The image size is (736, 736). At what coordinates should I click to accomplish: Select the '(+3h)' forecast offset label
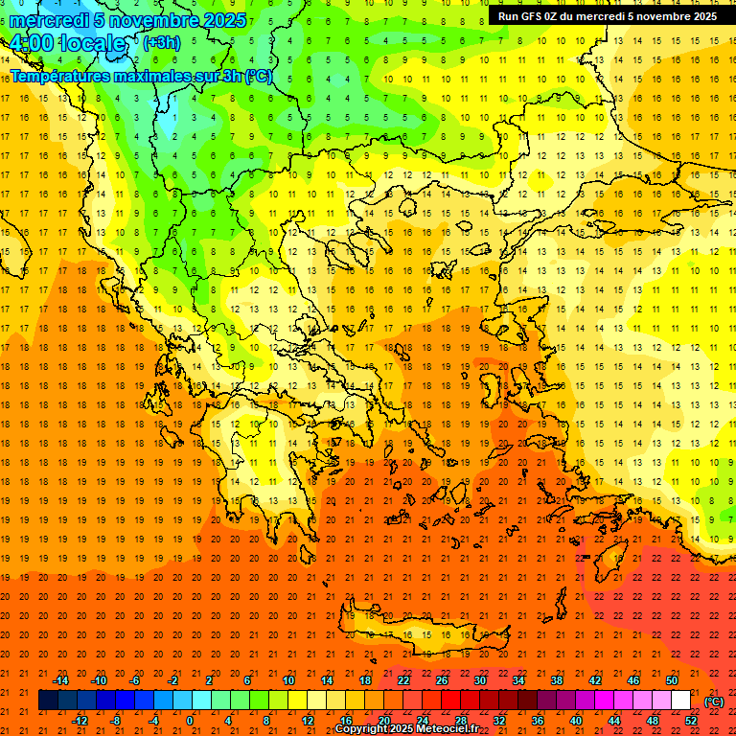160,43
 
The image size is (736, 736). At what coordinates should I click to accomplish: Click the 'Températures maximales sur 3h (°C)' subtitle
141,77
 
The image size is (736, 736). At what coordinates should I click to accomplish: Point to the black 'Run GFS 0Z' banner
608,16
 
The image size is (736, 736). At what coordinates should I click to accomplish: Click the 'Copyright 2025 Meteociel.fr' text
406,729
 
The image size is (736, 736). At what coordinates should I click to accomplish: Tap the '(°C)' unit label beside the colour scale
714,701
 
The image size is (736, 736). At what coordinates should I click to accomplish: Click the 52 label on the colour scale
691,720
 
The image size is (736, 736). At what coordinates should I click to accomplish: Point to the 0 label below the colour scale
190,720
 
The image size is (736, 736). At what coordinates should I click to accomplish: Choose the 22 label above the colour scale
403,680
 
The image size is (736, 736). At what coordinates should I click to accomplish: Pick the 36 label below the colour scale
538,720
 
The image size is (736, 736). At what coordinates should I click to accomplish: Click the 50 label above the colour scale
672,680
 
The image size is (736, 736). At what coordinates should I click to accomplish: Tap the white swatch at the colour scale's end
681,701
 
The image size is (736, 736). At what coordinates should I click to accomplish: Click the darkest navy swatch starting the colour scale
48,701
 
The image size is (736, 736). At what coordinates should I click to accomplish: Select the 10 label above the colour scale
287,680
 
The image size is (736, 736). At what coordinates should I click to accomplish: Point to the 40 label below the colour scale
576,720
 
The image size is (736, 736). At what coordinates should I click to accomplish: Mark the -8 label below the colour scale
116,720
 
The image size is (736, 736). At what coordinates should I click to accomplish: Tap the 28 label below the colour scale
461,720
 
